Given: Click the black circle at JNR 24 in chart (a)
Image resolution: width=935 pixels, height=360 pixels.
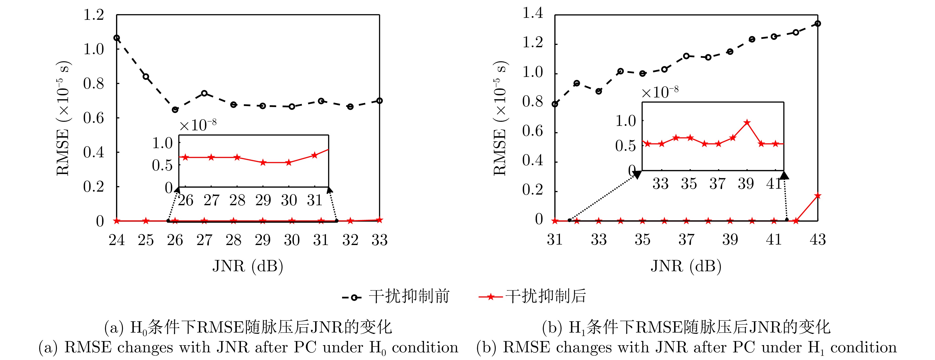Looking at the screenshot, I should [117, 38].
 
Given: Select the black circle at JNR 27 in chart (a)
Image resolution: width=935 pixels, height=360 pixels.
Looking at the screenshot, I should [204, 93].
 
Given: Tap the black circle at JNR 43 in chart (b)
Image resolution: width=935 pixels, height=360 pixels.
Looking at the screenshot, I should [818, 23].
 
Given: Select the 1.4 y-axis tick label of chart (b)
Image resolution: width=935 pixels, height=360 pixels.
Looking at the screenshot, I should [533, 13].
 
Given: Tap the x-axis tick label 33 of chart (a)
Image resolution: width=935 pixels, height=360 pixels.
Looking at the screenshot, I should [379, 240].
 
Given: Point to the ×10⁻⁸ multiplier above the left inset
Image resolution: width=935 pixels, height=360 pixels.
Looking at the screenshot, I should [198, 125].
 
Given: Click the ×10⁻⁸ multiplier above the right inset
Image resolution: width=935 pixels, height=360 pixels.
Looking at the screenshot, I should [660, 92].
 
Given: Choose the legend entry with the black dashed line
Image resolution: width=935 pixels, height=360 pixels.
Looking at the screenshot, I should [396, 296].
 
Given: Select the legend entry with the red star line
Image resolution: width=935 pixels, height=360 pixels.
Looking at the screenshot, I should [533, 296].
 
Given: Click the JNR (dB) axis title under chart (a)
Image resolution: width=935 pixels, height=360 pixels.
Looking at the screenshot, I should [248, 266].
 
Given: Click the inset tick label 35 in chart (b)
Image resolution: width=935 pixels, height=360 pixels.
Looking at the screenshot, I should [689, 184].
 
